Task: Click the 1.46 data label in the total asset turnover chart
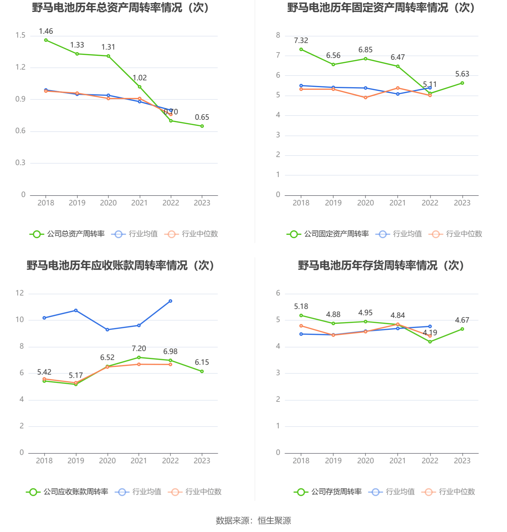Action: pyautogui.click(x=46, y=31)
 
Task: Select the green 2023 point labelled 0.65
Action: pyautogui.click(x=202, y=126)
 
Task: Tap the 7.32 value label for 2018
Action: pyautogui.click(x=301, y=41)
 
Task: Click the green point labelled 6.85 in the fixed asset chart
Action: pyautogui.click(x=366, y=59)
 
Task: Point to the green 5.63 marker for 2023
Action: pyautogui.click(x=462, y=83)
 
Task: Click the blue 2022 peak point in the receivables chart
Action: pyautogui.click(x=171, y=301)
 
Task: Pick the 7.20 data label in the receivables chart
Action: pyautogui.click(x=139, y=349)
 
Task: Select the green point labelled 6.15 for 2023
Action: pyautogui.click(x=202, y=371)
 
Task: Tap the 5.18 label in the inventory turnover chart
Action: pyautogui.click(x=301, y=307)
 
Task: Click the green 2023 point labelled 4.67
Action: pyautogui.click(x=462, y=329)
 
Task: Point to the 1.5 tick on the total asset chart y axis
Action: pyautogui.click(x=21, y=36)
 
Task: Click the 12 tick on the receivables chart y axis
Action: pyautogui.click(x=20, y=293)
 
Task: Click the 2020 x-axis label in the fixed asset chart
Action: pyautogui.click(x=366, y=203)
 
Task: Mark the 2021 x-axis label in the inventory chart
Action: pyautogui.click(x=398, y=461)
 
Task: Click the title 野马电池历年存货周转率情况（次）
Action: pyautogui.click(x=381, y=265)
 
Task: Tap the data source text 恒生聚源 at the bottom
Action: pyautogui.click(x=274, y=521)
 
